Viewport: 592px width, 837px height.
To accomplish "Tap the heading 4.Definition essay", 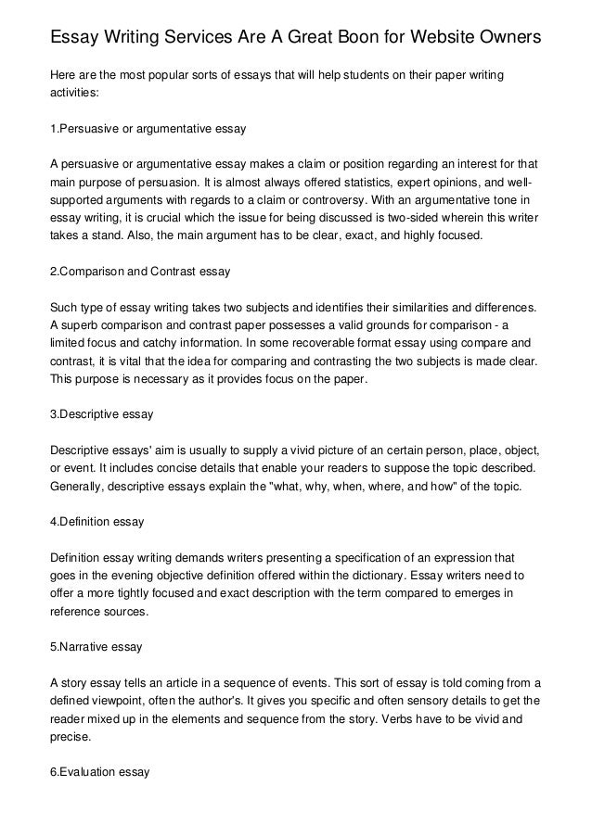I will (x=97, y=522).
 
